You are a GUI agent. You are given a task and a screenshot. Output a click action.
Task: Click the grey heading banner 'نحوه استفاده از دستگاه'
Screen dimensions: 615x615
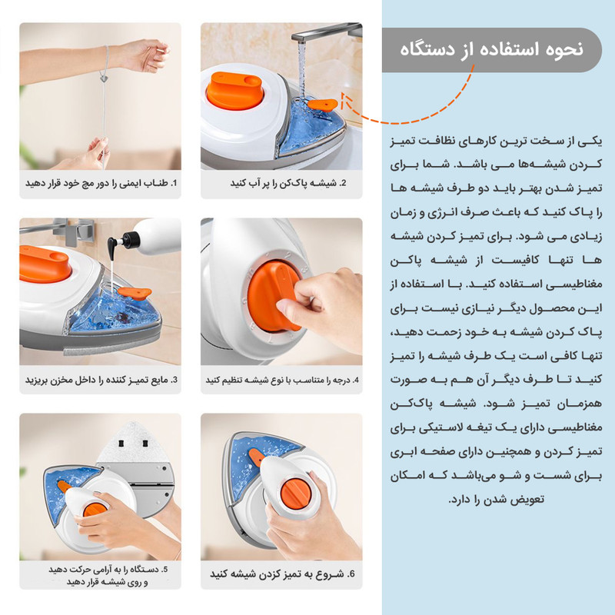(491, 50)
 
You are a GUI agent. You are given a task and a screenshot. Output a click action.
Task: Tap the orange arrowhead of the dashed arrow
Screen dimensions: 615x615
(344, 100)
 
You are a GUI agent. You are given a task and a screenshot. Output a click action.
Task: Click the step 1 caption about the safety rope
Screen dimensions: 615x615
(101, 183)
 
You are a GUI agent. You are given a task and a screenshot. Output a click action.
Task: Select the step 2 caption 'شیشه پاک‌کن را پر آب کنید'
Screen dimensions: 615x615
(288, 183)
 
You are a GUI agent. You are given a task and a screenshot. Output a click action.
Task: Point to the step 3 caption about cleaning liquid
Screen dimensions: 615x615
(101, 380)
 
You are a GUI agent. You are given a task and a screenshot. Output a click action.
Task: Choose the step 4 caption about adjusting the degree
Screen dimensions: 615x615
(282, 380)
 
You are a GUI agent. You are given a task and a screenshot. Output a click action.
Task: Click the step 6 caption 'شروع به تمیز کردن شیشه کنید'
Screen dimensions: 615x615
(282, 574)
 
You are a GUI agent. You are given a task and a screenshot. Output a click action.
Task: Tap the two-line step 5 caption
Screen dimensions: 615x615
(108, 575)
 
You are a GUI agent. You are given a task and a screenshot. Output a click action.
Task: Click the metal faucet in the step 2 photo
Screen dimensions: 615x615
(326, 32)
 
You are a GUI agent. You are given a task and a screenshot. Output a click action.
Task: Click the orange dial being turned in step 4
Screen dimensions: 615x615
(274, 295)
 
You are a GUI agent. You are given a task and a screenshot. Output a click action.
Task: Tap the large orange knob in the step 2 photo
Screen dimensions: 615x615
(234, 90)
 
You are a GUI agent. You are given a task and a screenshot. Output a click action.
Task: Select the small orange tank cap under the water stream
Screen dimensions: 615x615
(322, 105)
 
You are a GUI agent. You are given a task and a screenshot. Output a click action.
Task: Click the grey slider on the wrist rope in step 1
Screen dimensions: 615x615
(104, 78)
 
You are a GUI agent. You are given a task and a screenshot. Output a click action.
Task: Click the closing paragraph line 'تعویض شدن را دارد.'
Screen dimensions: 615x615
(496, 500)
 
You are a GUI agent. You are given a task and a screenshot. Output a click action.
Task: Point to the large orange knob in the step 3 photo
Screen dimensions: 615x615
(45, 264)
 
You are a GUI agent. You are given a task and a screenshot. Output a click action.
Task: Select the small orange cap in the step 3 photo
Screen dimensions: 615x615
(135, 293)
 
